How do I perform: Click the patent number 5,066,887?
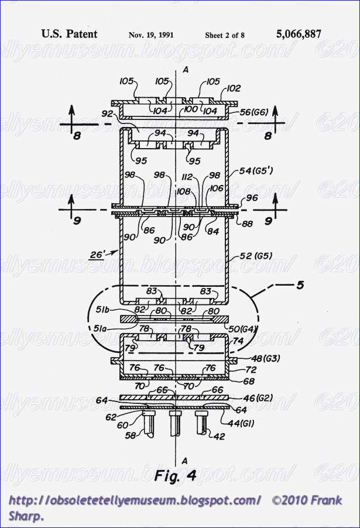298,34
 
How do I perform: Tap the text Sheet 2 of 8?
225,35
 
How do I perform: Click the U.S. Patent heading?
69,34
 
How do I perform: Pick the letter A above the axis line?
185,69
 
